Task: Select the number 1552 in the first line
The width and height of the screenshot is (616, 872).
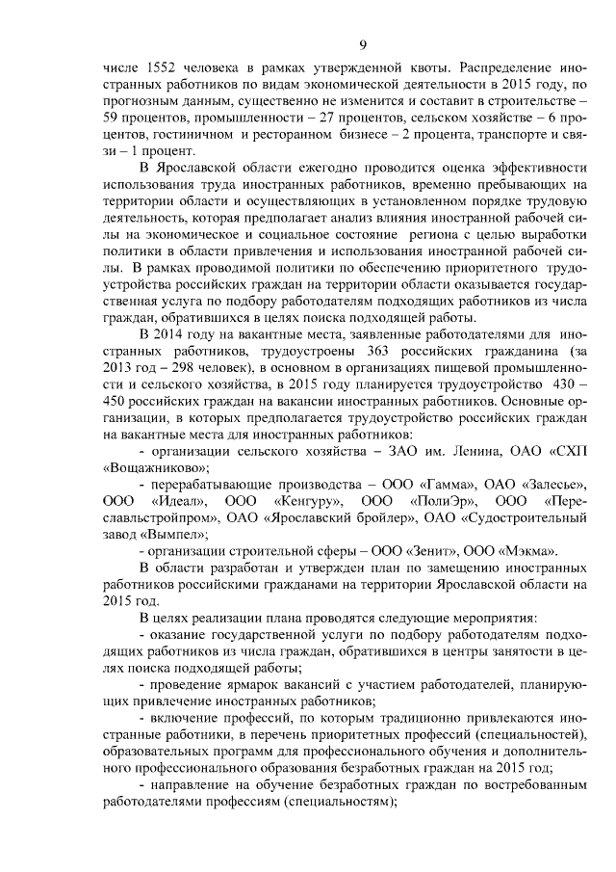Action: point(161,70)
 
